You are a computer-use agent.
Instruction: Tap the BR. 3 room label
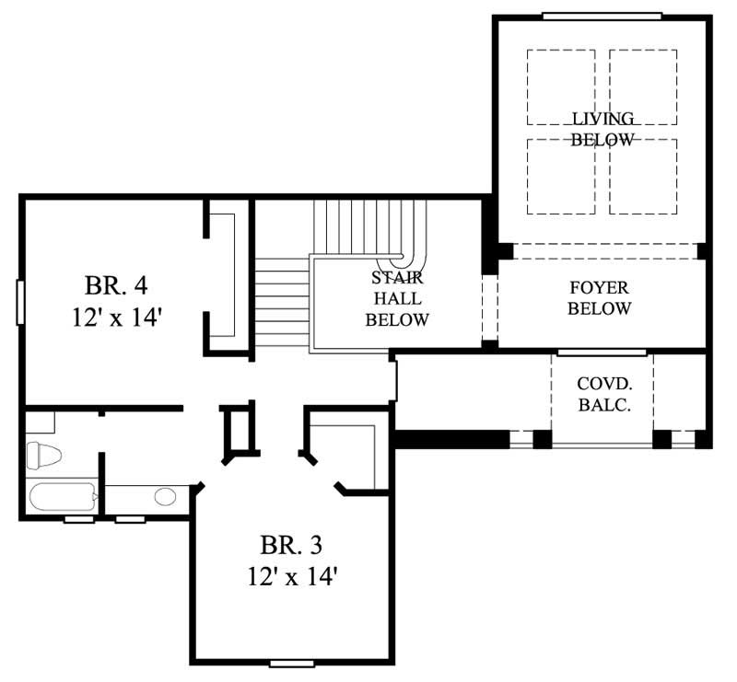click(290, 545)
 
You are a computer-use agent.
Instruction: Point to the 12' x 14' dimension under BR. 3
click(290, 578)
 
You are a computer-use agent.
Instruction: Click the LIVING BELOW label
click(602, 129)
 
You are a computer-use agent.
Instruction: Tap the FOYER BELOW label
click(599, 297)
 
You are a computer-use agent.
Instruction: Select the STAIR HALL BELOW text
click(397, 298)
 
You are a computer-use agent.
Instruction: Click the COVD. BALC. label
click(603, 394)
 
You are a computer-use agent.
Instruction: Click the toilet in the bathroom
click(42, 456)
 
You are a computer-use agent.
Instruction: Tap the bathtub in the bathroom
click(61, 498)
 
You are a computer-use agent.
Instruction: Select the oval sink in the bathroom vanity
click(165, 498)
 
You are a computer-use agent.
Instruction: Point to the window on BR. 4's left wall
click(19, 302)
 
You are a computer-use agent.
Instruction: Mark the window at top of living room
click(601, 15)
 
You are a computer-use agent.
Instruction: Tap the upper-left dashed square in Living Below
click(560, 87)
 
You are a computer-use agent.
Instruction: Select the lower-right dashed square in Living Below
click(643, 176)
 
